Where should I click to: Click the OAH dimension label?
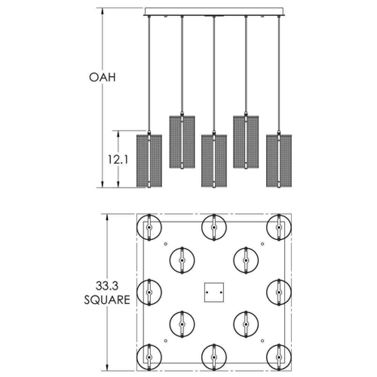coord(102,77)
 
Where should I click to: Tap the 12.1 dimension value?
coord(118,159)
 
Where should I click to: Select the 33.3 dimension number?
coord(107,287)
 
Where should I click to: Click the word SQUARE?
coord(107,300)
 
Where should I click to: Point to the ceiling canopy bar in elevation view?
coord(214,12)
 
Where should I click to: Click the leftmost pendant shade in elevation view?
coord(149,161)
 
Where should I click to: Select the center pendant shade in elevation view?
coord(214,161)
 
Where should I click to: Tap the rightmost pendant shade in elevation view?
coord(279,161)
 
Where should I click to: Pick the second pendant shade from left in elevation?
coord(182,142)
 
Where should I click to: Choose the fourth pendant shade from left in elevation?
coord(246,142)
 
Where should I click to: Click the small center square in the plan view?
coord(214,292)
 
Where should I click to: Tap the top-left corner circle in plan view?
coord(149,227)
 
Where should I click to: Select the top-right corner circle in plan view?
coord(279,227)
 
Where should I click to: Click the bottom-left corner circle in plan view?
coord(149,357)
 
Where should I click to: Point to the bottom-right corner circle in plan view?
coord(279,357)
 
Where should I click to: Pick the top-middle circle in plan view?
coord(214,227)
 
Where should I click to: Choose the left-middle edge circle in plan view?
coord(149,292)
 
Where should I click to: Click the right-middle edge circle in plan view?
coord(279,292)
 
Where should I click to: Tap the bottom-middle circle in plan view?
coord(214,357)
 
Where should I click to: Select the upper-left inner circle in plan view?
coord(182,260)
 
